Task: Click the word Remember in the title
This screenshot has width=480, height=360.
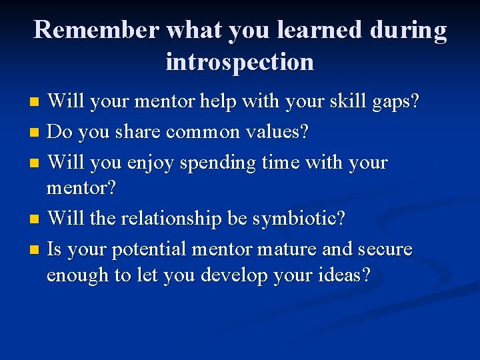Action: coord(97,30)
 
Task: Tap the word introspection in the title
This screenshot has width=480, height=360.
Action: coord(239,62)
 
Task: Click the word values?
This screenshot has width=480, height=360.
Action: coord(275,132)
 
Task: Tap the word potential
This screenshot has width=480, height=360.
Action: coord(146,250)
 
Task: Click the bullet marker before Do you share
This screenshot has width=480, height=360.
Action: coord(35,133)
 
